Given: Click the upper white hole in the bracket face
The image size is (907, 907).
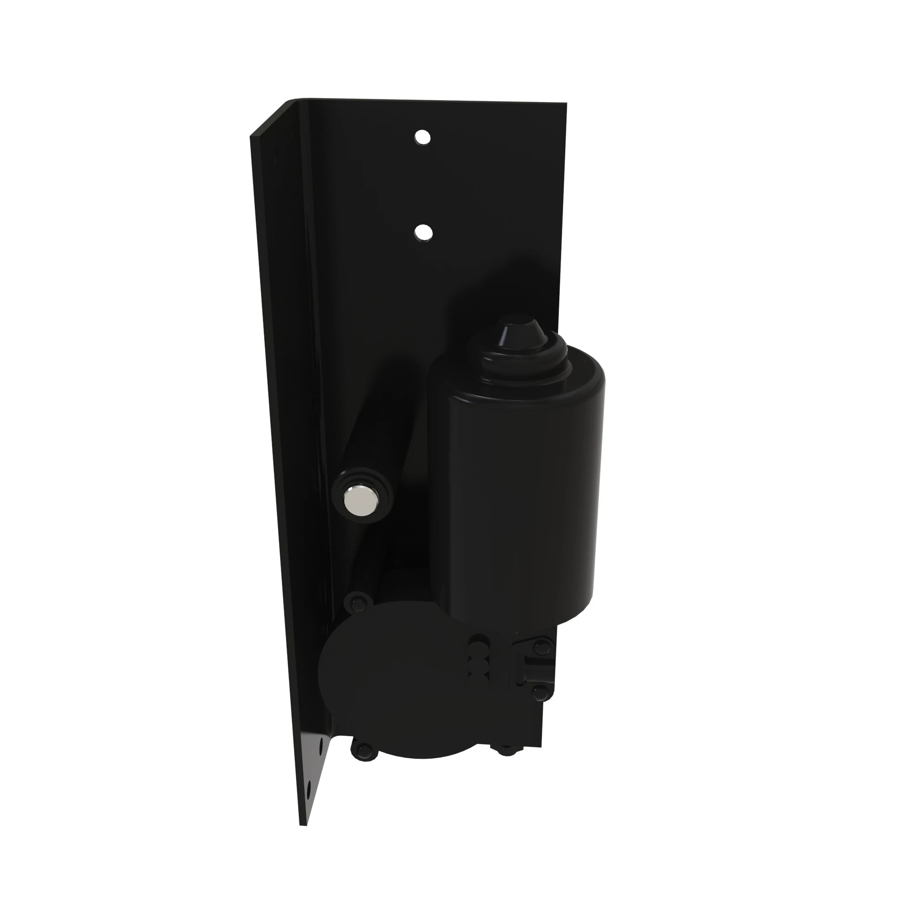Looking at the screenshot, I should (423, 137).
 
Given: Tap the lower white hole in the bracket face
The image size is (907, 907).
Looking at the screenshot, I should (424, 231).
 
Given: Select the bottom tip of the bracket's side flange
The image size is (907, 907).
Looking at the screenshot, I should (303, 823).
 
